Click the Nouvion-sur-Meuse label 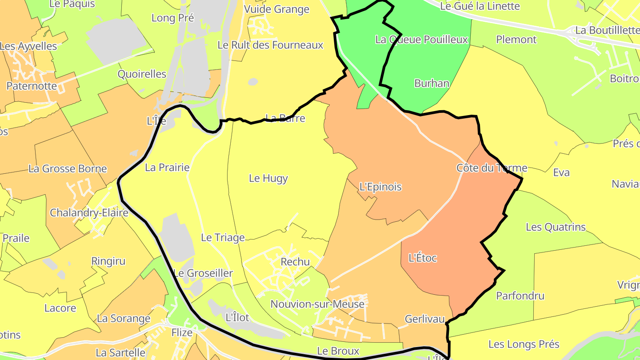click(317, 304)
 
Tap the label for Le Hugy click(268, 179)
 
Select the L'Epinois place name click(380, 187)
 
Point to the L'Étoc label click(422, 258)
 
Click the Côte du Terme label click(492, 168)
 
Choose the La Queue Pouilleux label click(421, 40)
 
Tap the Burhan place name click(432, 83)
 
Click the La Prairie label click(167, 168)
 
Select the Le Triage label click(223, 238)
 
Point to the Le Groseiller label click(203, 273)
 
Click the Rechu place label click(295, 262)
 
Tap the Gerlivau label click(424, 319)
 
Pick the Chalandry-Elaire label click(89, 213)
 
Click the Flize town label click(182, 332)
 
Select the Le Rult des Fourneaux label click(270, 45)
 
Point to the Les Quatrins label click(556, 227)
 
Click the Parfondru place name click(520, 296)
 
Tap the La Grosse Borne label click(68, 169)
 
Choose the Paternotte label click(32, 86)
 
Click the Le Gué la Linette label click(480, 6)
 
